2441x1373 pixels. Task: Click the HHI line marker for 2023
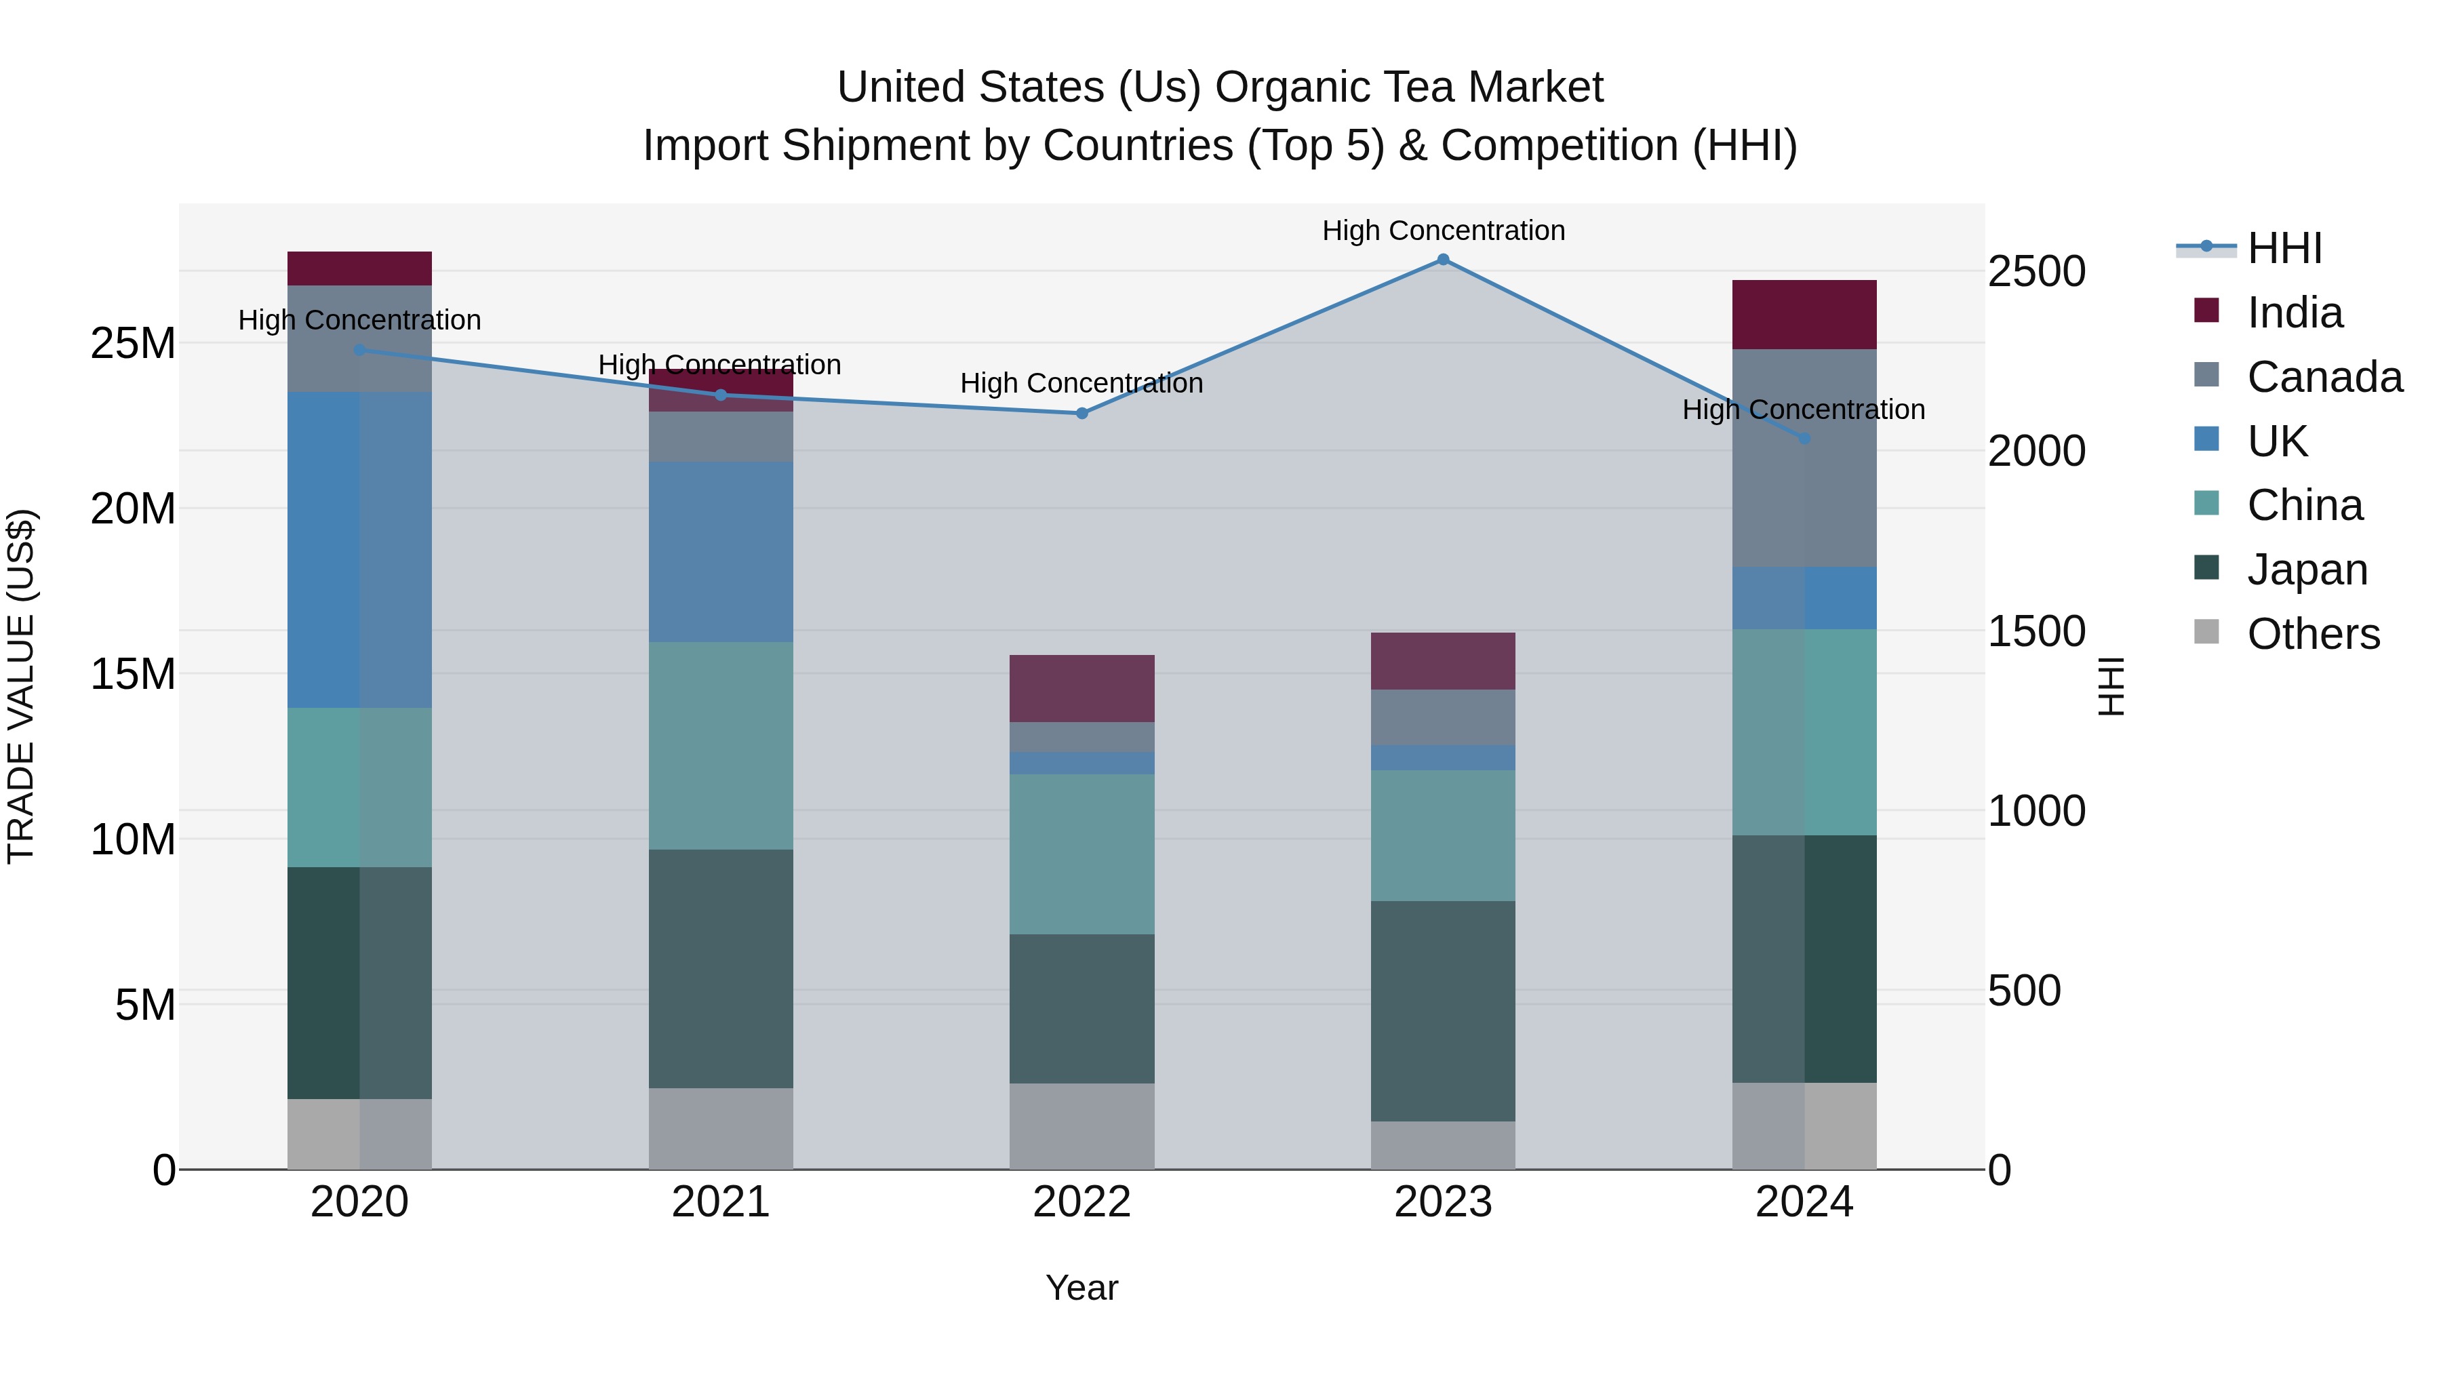[1442, 260]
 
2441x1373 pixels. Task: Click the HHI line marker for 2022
[1082, 413]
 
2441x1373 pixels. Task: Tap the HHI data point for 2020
[359, 351]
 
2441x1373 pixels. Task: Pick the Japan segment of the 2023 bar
[1442, 1010]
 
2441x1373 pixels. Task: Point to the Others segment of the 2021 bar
[720, 1128]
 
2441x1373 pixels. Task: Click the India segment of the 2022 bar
[1081, 688]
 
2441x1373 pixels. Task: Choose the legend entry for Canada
[2324, 377]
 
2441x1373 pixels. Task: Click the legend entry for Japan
[2307, 570]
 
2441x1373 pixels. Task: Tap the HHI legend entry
[2284, 248]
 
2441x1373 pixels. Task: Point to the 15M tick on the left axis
[133, 675]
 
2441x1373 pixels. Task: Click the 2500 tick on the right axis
[2036, 272]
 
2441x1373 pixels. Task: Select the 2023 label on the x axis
[1442, 1202]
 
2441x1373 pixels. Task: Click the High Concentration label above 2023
[1442, 231]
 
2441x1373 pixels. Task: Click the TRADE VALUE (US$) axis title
[22, 686]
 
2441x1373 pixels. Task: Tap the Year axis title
[1081, 1288]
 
